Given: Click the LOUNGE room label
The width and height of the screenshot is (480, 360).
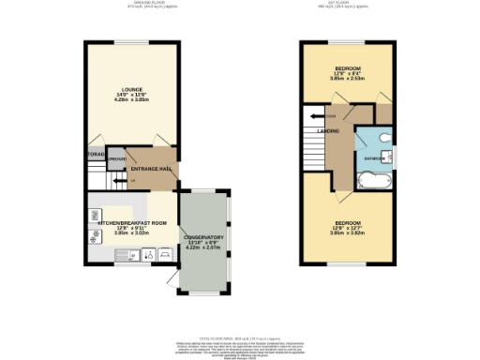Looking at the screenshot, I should [x=131, y=90].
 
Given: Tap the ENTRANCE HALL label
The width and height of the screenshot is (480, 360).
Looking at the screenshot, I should [x=149, y=168].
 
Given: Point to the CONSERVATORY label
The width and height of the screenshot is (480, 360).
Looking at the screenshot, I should [x=203, y=237].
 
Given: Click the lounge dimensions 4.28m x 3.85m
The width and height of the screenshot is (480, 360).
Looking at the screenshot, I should [x=131, y=100].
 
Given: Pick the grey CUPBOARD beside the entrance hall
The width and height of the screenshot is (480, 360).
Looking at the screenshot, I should [x=116, y=159].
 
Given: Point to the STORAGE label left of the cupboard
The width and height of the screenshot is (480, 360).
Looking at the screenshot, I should [x=96, y=153].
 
